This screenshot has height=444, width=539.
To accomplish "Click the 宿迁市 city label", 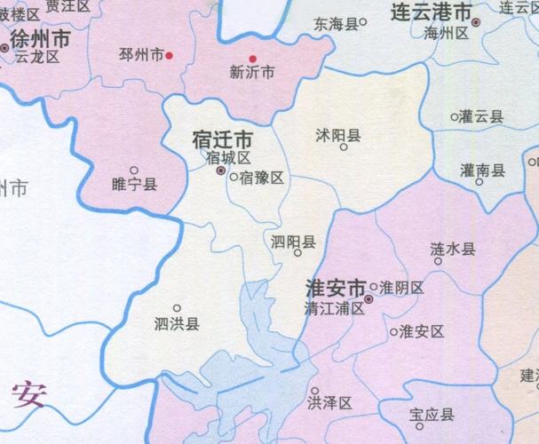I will coord(223,140).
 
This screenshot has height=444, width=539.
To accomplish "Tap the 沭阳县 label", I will coord(337,135).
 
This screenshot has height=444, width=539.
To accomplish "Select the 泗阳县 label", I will coord(293,241).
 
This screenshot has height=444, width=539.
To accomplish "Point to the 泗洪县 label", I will coord(177,323).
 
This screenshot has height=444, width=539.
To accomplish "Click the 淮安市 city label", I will coord(336,289).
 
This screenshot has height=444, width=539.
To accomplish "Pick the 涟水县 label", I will coord(452,249).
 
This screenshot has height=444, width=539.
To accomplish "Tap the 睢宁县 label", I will coord(135,185).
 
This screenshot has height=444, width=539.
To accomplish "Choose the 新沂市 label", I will coord(251,73).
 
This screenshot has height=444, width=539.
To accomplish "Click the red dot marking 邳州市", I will coord(170,55).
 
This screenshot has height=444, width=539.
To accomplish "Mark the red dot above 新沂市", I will coord(252,59).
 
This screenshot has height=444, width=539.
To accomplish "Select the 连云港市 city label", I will coord(432,13).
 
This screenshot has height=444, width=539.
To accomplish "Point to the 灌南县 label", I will coord(483,170).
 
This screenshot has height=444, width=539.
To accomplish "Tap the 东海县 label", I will coord(335,25).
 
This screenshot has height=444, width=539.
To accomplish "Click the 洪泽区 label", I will coord(329,403).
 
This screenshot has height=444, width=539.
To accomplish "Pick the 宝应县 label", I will coord(432,415).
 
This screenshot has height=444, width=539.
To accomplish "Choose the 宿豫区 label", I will coord(261,178).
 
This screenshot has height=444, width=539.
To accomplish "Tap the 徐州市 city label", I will coord(41,41).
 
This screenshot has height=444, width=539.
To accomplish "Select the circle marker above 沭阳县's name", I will coord(344,147).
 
